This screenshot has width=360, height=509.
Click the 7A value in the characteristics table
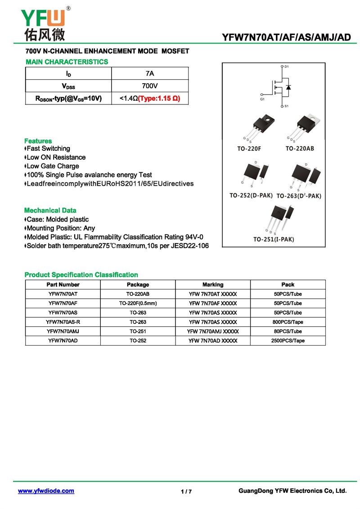tap(150, 73)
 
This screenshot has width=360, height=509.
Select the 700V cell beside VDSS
tap(150, 86)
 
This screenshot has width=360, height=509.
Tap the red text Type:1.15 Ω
tap(159, 98)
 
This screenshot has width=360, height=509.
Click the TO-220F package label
tap(249, 149)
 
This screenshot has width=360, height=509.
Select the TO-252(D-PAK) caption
tap(251, 195)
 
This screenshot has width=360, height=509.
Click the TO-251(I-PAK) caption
tap(274, 239)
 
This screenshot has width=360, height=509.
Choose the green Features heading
tap(38, 141)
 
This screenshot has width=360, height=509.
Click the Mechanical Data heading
tap(50, 210)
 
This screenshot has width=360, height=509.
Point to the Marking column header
tap(213, 284)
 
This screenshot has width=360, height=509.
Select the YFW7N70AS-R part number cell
tap(63, 322)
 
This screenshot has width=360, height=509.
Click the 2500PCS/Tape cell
tap(288, 341)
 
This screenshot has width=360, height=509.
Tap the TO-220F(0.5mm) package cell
tap(138, 303)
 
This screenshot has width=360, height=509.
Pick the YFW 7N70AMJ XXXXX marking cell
tap(213, 331)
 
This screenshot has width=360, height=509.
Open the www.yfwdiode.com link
tap(46, 491)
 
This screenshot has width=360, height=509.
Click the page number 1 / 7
tap(186, 491)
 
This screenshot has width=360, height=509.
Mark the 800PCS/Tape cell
tap(288, 322)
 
